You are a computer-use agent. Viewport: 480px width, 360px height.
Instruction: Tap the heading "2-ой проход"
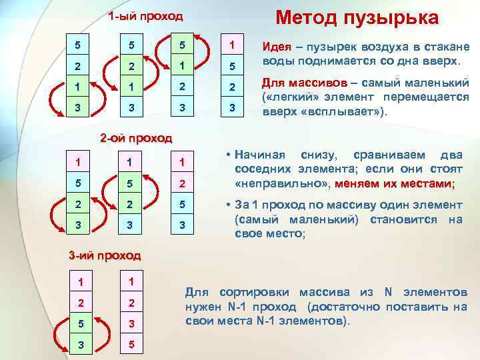135,139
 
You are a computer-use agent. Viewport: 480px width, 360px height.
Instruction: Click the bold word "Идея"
275,47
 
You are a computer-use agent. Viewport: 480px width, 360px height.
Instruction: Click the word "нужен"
201,307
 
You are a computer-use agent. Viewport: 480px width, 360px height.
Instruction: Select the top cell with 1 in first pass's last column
231,45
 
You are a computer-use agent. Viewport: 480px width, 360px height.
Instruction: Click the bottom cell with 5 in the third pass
131,345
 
